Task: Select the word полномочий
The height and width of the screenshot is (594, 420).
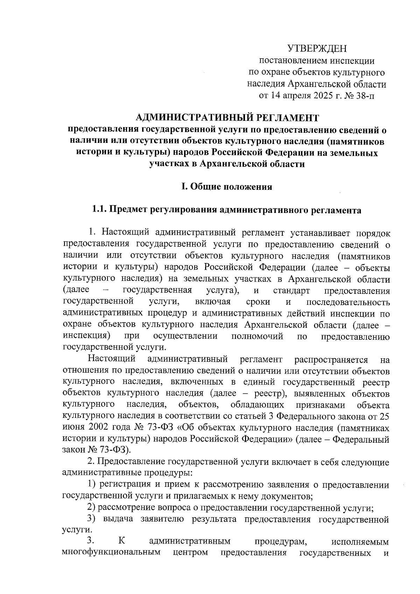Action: [x=257, y=337]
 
